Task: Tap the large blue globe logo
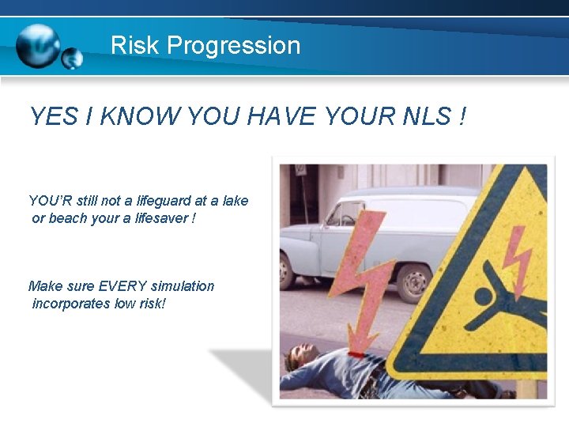click(37, 46)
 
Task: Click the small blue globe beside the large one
click(72, 58)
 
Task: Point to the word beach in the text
click(67, 217)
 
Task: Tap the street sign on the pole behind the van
click(300, 170)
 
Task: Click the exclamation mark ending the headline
click(461, 117)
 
